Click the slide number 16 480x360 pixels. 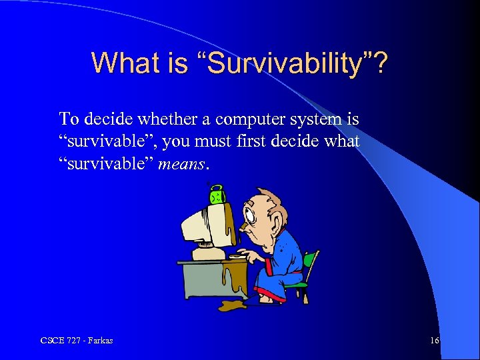[434, 341]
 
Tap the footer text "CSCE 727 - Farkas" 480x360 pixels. [77, 341]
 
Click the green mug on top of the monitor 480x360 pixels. [217, 195]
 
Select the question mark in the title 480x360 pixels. [379, 63]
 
